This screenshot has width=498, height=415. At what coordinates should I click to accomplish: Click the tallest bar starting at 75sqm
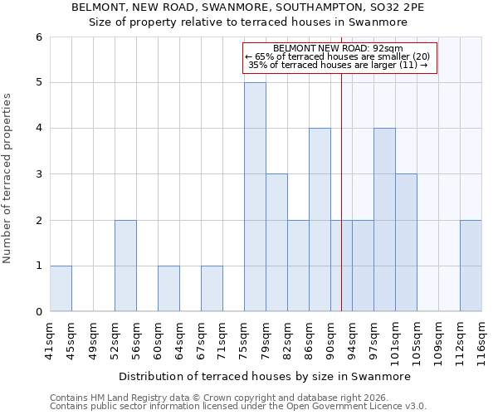coord(255,197)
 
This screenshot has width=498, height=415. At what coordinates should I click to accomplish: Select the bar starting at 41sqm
coord(61,288)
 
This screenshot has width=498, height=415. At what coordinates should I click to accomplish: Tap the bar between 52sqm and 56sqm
coord(125,266)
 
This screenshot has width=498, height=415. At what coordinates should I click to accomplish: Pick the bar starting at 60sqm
coord(168,288)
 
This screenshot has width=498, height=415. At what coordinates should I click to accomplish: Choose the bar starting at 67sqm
coord(212,288)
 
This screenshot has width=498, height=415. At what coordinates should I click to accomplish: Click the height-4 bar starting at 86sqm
coord(320,220)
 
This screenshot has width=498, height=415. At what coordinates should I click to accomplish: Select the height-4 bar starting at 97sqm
coord(384,220)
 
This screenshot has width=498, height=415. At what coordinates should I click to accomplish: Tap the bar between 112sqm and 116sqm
coord(471,266)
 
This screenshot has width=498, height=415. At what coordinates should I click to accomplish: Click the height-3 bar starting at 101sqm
coord(406,242)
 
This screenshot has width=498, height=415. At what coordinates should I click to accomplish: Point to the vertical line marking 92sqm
coord(341,191)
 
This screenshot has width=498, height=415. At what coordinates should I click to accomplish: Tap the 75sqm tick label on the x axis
coord(244,339)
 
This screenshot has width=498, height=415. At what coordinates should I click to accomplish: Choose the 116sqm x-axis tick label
coord(481,341)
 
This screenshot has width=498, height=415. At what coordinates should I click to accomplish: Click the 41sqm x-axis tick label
coord(50,339)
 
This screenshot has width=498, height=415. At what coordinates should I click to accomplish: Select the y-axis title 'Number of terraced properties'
coord(8,178)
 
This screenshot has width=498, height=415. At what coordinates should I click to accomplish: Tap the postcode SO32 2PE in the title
coord(401,7)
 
